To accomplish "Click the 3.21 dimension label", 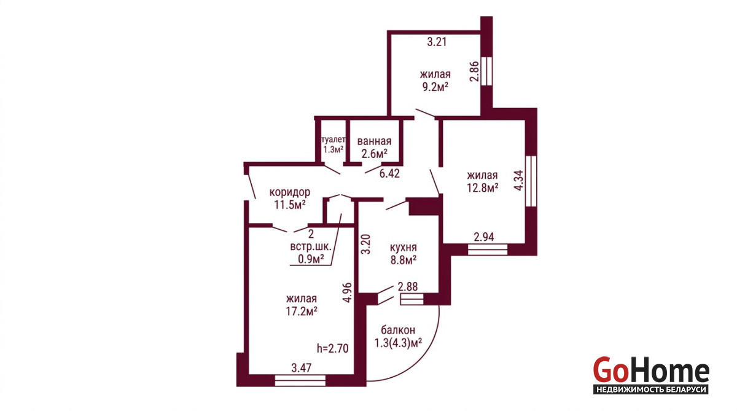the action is click(437, 42).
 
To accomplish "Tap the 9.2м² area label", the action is click(435, 87).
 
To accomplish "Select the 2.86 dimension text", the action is click(474, 71).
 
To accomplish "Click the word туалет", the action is click(333, 139).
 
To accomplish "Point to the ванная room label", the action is click(375, 141).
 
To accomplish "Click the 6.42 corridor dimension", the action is click(389, 173).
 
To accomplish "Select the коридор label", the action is click(290, 192).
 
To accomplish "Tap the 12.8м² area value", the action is click(482, 188).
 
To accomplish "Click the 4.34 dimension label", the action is click(519, 181).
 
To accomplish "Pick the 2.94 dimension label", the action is click(484, 237).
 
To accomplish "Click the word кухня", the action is click(404, 248).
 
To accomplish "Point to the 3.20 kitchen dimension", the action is click(366, 244).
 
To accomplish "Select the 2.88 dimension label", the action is click(408, 286).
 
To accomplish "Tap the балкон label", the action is click(398, 330).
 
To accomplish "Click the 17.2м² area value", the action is click(302, 311).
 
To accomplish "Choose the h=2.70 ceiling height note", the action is click(333, 348).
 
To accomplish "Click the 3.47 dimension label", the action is click(302, 367).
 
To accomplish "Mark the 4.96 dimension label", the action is click(347, 292).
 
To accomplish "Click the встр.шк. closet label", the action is click(311, 247).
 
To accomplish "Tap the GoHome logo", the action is click(651, 375).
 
